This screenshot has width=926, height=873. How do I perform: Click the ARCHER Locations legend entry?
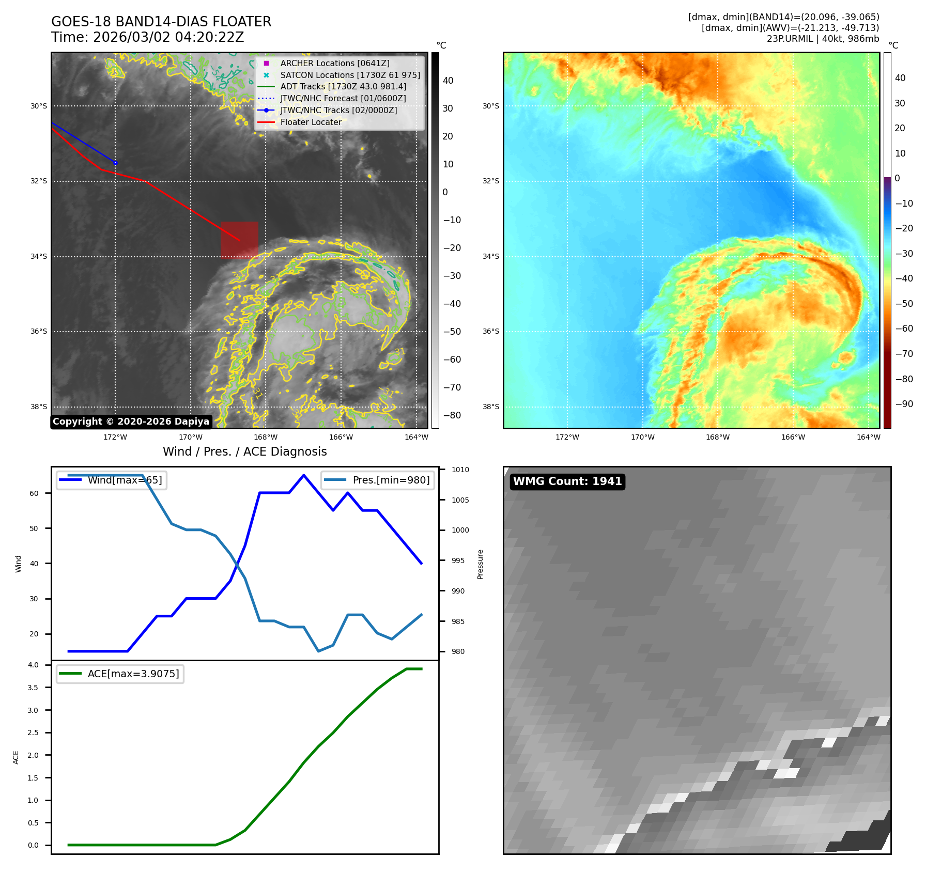(334, 63)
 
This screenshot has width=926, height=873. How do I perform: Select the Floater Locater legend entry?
(311, 122)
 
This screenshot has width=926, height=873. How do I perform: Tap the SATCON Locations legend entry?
(350, 75)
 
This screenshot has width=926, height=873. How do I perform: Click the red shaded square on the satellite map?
(239, 240)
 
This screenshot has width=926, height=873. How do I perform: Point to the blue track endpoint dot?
(115, 163)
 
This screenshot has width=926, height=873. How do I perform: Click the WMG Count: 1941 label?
(567, 481)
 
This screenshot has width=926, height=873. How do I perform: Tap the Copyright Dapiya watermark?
(131, 422)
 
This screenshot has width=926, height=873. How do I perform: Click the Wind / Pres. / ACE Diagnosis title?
(244, 451)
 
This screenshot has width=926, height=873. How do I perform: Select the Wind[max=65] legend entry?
(125, 480)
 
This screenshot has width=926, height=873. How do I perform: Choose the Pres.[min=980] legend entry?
(391, 480)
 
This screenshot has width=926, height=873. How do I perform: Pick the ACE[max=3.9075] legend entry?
(133, 674)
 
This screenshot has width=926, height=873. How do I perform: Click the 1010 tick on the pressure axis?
(460, 470)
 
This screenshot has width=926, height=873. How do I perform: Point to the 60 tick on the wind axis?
(34, 493)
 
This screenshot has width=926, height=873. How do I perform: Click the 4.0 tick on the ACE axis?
(33, 665)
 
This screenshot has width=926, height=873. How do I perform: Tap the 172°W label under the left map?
(115, 437)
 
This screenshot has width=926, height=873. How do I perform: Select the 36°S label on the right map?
(491, 331)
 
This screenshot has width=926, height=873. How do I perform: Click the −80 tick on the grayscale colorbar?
(452, 415)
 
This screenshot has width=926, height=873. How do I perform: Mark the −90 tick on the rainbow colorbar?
(904, 404)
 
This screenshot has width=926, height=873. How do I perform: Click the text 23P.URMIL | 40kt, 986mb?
(823, 39)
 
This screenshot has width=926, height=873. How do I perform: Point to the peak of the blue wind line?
(303, 475)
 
